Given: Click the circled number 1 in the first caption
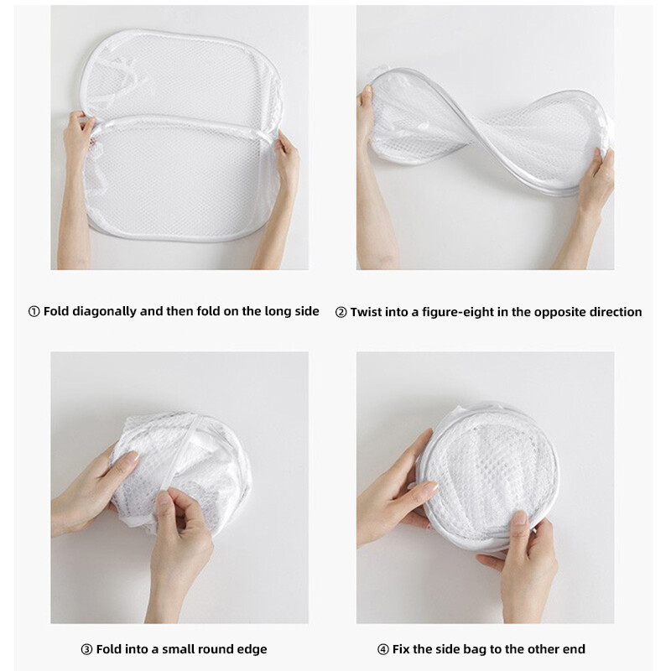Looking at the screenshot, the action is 34,311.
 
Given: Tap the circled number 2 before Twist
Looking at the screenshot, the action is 341,312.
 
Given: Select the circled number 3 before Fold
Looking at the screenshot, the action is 86,649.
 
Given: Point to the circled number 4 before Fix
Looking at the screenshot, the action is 383,649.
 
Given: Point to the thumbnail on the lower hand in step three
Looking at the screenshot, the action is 164,497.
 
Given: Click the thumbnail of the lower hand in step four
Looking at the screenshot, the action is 520,518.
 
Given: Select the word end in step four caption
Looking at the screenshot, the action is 574,649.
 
